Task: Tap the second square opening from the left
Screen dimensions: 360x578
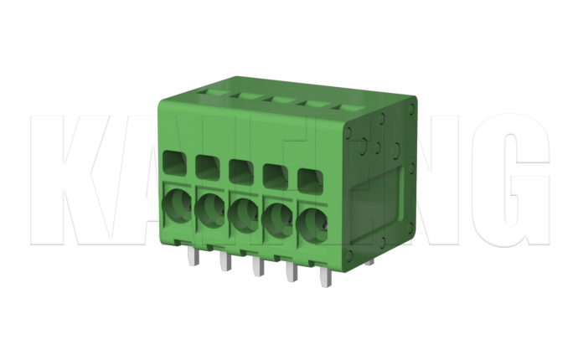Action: coord(207,166)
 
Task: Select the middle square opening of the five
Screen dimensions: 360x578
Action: coord(240,170)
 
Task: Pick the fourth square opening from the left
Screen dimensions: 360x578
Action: coord(274,174)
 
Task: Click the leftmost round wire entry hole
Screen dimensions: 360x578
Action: coord(176,205)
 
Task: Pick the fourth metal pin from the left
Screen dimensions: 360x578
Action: coord(291,271)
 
